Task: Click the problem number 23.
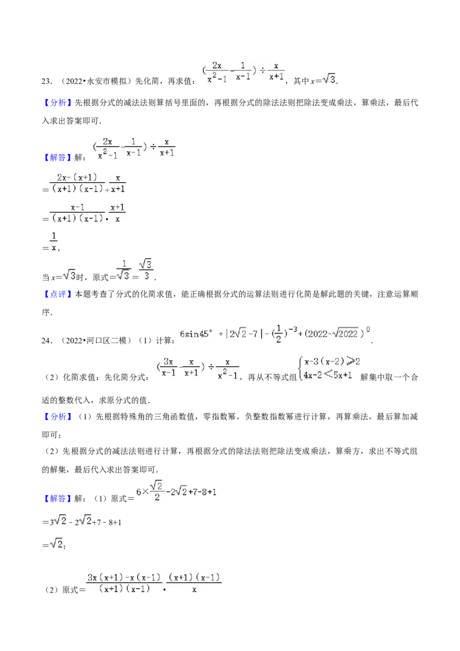click(47, 82)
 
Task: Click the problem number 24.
click(47, 341)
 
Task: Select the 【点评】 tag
click(58, 294)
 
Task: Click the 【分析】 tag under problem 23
click(58, 103)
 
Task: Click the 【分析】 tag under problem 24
click(58, 416)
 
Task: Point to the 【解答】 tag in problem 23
click(58, 158)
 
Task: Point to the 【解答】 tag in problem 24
click(58, 499)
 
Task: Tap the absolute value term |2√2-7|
click(244, 334)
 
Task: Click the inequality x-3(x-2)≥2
click(332, 362)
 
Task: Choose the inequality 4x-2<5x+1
click(328, 375)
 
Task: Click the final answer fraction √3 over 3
click(146, 270)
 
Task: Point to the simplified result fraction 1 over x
click(53, 242)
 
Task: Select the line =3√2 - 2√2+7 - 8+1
click(82, 521)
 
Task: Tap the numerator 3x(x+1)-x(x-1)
click(124, 577)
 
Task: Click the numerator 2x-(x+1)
click(77, 178)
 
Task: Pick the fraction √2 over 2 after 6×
click(157, 491)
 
